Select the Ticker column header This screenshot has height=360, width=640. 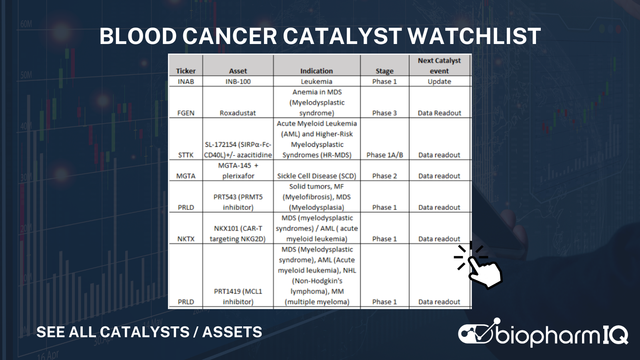(186, 71)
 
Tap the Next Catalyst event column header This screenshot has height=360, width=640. (439, 66)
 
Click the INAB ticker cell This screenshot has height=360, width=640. (186, 82)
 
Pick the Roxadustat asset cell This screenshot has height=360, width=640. (238, 113)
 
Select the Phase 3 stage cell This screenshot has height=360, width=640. (384, 113)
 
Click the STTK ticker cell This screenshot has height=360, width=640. (186, 155)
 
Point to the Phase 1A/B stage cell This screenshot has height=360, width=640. (384, 155)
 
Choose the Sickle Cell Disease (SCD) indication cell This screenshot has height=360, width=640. (316, 176)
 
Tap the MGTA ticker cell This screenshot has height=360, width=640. (186, 176)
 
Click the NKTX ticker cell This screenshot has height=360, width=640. (186, 239)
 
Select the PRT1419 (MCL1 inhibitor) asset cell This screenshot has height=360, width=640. (238, 296)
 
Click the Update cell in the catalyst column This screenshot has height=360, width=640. (439, 82)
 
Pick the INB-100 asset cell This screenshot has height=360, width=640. (238, 82)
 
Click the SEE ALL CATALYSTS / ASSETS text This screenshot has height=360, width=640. (149, 332)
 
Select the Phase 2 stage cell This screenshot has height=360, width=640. (384, 176)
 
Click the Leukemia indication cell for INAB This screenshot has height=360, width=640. (316, 82)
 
